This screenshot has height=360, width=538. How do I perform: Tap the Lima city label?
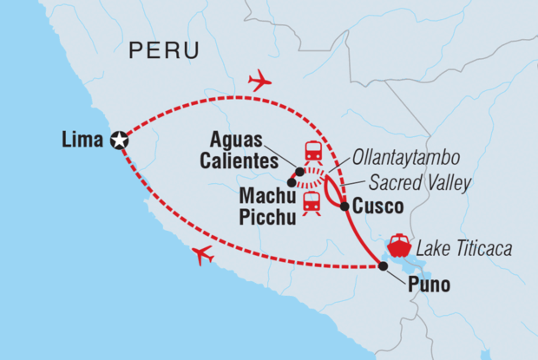[x=82, y=139]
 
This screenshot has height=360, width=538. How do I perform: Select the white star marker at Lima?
[x=120, y=140]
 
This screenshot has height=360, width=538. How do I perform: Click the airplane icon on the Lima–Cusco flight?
[x=259, y=82]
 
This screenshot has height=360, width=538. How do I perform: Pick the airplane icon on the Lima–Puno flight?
[x=202, y=255]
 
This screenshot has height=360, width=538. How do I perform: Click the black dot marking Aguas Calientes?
[x=299, y=170]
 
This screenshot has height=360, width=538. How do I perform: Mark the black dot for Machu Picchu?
[x=291, y=184]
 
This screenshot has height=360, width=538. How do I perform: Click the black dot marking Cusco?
[x=344, y=206]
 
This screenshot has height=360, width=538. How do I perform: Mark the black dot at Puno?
[x=384, y=266]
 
